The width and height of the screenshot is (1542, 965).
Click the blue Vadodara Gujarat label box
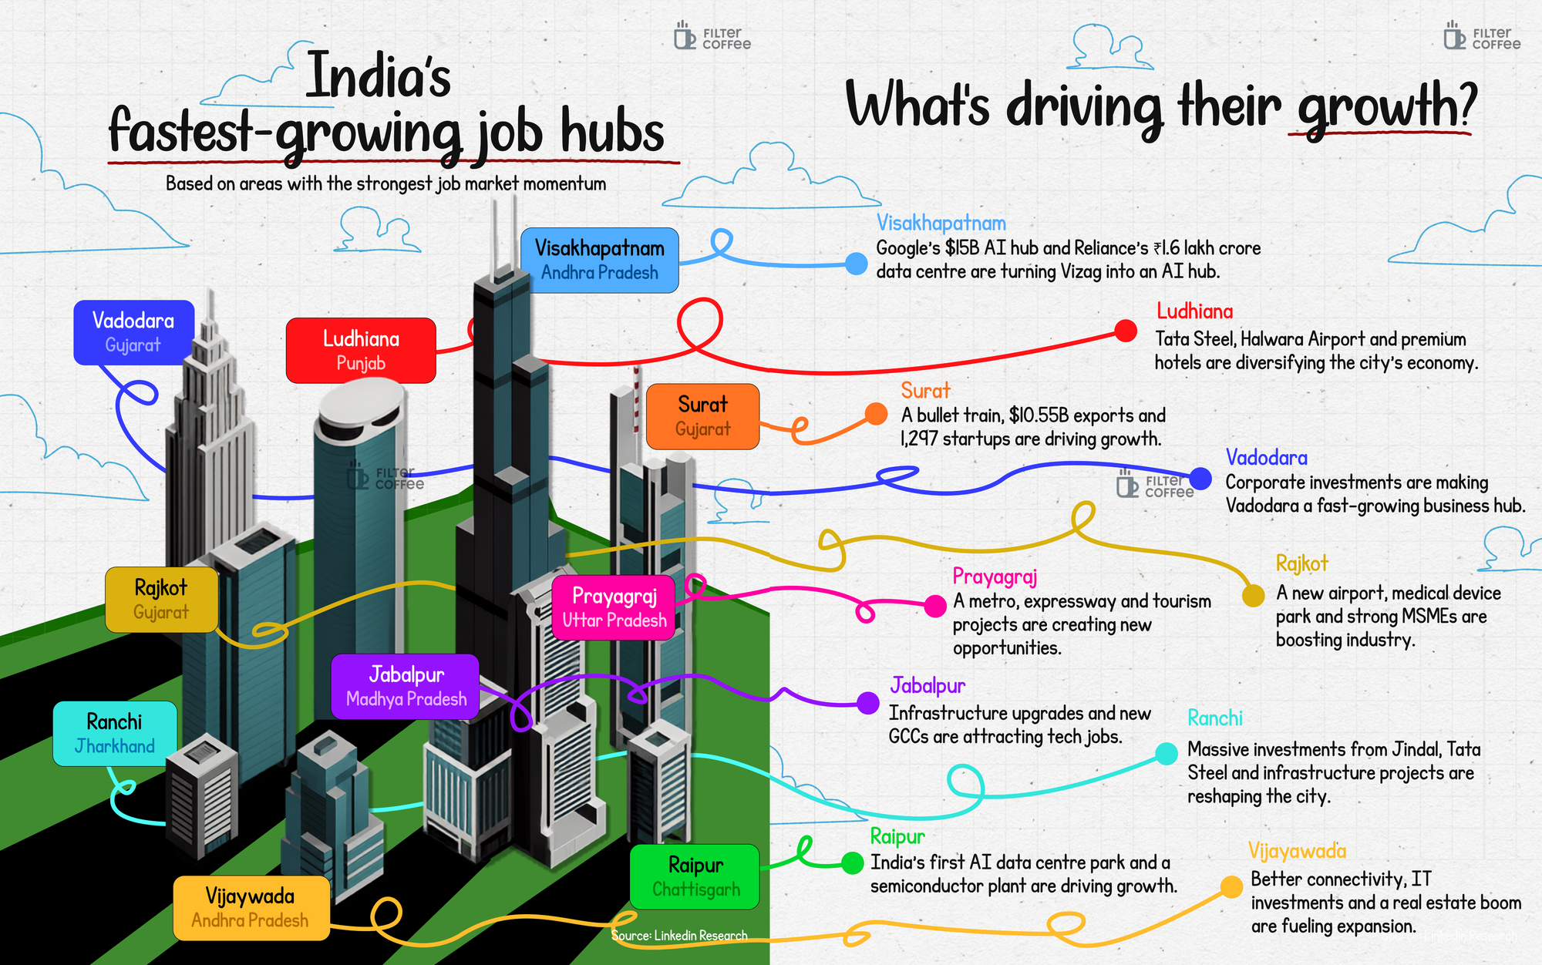134,332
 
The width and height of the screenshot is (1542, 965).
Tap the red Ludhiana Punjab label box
361,351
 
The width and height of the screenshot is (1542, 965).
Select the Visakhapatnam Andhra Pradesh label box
600,261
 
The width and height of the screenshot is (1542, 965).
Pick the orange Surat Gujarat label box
702,416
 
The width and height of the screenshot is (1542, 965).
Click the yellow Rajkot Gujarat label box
161,600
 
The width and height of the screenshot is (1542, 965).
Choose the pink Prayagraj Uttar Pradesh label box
614,608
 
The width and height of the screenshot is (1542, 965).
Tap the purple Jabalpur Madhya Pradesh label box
406,687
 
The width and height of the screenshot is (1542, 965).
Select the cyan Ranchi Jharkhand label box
115,734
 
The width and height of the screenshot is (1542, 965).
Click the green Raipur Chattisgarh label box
695,877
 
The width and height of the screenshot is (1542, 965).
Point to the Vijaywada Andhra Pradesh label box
251,908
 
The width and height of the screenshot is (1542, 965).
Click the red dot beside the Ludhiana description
1126,331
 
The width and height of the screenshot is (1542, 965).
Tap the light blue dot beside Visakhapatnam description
856,264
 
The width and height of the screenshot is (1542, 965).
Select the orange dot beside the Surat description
876,414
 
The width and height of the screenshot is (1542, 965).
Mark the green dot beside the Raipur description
852,863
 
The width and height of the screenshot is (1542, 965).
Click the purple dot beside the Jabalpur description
868,703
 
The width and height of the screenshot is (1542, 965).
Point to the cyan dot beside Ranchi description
1167,754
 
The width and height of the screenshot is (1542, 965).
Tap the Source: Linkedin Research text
679,936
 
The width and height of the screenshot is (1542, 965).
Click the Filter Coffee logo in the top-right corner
1482,36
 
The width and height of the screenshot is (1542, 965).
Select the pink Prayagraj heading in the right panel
995,577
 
